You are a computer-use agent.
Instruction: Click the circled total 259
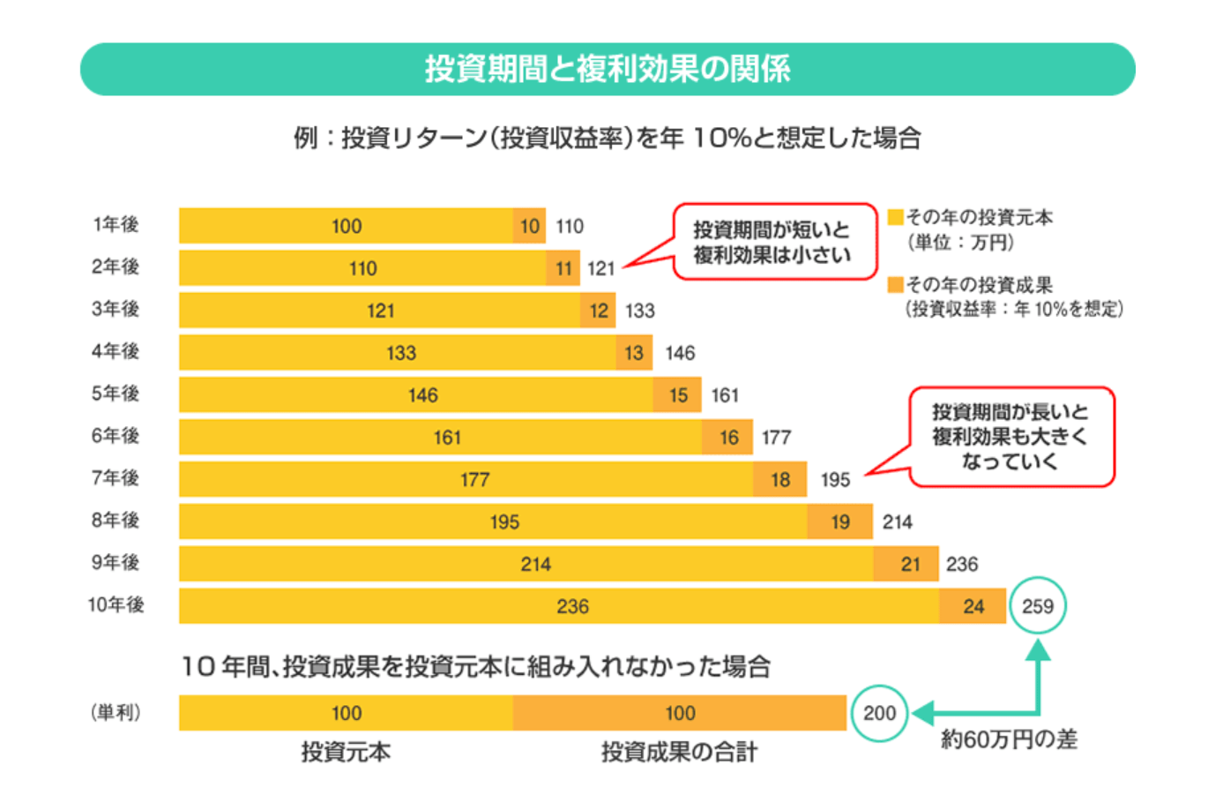point(1037,605)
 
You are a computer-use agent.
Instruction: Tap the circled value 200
point(879,713)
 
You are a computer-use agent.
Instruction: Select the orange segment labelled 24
point(973,606)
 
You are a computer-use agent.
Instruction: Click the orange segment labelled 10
point(529,226)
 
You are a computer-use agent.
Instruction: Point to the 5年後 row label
point(116,394)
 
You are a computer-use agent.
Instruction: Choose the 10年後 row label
point(116,605)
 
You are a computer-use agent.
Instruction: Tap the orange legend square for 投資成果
point(895,284)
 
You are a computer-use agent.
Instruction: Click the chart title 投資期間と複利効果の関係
point(608,69)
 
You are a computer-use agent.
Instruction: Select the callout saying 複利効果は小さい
point(774,242)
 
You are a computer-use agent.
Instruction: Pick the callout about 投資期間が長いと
point(1011,437)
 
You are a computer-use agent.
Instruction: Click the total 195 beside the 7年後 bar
point(835,479)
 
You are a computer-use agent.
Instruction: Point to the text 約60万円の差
point(1009,739)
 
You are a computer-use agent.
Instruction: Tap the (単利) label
point(116,712)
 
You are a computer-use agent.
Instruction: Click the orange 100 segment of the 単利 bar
point(680,713)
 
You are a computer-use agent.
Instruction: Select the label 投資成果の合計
point(680,752)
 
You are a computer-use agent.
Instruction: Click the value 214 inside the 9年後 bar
point(535,564)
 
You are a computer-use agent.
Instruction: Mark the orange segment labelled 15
point(677,395)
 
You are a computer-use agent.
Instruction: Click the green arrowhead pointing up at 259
point(1038,649)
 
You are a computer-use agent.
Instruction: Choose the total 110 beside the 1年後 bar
point(570,226)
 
